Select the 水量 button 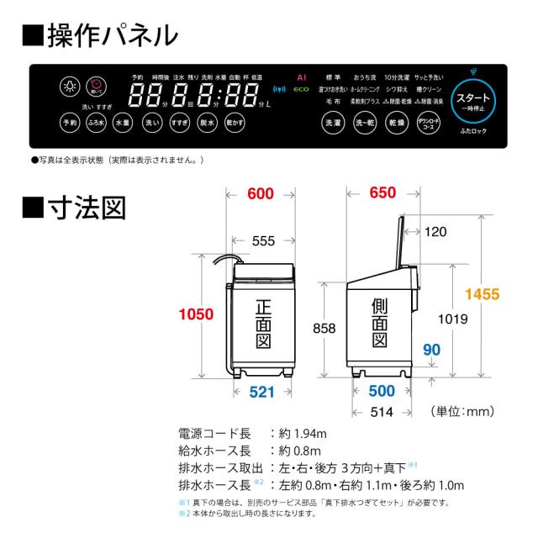coord(123,123)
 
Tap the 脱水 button coord(206,123)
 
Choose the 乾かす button coord(235,123)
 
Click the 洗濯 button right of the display coord(333,123)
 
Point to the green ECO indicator coord(300,88)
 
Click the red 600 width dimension coord(261,195)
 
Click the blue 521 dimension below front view coord(261,392)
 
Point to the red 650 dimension coord(382,194)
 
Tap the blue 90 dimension coord(432,349)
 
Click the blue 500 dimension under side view coord(382,392)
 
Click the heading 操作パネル coord(113,35)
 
